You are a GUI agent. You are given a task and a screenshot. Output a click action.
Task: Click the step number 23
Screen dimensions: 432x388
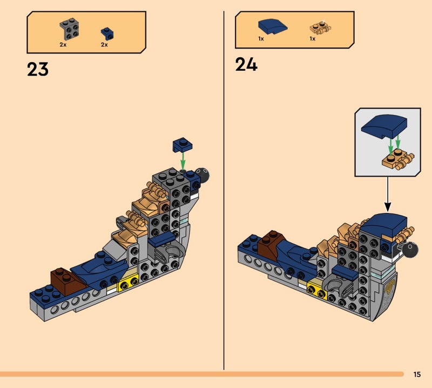tap(38, 69)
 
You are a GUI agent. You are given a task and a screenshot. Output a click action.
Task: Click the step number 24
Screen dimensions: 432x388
tap(246, 65)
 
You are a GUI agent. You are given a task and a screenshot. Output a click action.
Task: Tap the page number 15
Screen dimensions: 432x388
tap(417, 374)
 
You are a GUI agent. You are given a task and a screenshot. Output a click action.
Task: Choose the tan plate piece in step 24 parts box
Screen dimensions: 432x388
tap(320, 28)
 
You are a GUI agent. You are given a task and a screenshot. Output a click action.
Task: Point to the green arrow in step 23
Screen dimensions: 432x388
tap(184, 160)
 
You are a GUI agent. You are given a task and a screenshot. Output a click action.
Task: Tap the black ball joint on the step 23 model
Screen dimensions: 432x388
tap(204, 174)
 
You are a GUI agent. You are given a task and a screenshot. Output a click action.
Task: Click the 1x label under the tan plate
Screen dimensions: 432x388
tap(313, 39)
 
